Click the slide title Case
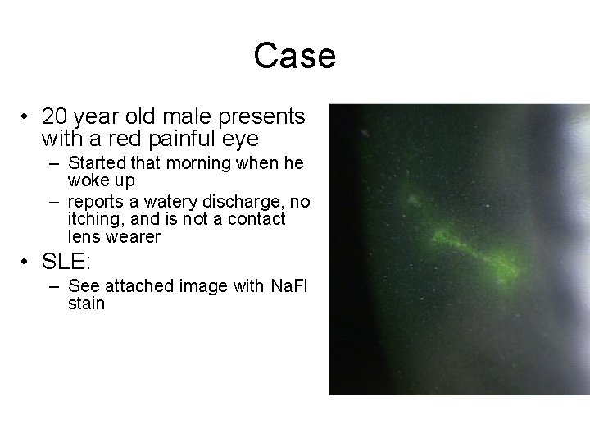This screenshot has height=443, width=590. pyautogui.click(x=294, y=57)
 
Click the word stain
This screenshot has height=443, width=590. pyautogui.click(x=87, y=304)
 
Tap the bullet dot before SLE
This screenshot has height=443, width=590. pyautogui.click(x=28, y=263)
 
